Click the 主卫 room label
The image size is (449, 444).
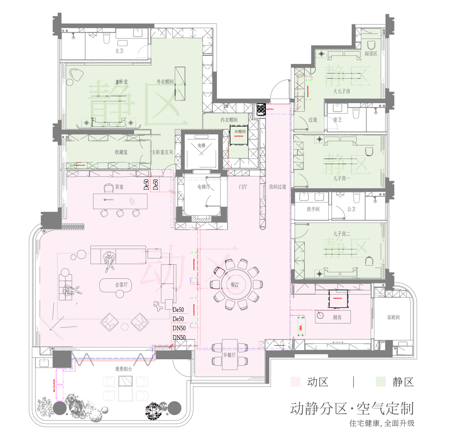pos(119,51)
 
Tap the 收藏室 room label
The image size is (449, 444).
pos(121,152)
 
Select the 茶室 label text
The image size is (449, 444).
pos(119,187)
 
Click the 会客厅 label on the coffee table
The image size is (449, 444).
pos(121,285)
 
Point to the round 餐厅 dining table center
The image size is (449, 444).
pos(235,285)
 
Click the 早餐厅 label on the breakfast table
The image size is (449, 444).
pos(229,355)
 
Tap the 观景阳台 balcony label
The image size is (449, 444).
pos(124,369)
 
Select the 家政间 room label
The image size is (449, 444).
pos(393,317)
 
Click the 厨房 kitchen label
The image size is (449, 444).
pos(337,317)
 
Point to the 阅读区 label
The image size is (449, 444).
pos(371,54)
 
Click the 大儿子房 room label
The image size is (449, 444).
pos(342,91)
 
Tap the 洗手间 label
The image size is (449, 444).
pos(313,209)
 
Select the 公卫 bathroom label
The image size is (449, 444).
pos(351,209)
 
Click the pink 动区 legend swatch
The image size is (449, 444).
pos(295,382)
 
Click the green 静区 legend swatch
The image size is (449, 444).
pos(381,382)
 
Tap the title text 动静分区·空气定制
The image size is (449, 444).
pos(352,408)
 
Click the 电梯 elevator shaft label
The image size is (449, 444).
pos(202,146)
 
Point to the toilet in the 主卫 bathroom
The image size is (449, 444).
pos(107,38)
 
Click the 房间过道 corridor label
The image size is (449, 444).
pos(277,187)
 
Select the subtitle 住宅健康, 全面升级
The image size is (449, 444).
pos(382,423)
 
